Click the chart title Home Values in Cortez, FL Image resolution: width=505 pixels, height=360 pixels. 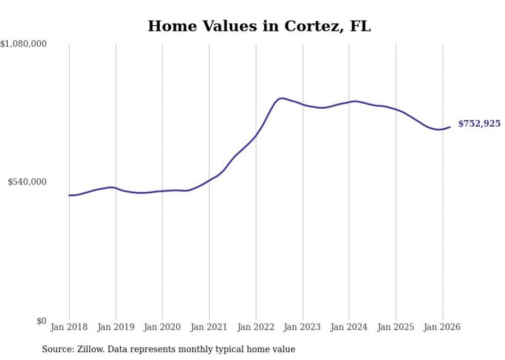point(259,26)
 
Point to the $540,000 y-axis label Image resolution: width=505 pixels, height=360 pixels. point(27,182)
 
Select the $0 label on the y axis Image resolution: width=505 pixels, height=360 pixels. point(41,321)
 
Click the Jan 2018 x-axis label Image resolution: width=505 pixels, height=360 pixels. point(69,327)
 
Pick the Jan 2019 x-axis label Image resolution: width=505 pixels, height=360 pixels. point(116,327)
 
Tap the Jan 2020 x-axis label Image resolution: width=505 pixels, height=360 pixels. point(162,327)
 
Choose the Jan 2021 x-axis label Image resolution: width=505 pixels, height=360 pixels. point(209,327)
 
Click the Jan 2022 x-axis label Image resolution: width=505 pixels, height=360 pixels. point(256,327)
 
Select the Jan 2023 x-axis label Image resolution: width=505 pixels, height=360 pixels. point(302,327)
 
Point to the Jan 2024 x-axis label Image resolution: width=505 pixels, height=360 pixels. point(349,327)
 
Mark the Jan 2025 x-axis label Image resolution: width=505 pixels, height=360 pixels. point(396,327)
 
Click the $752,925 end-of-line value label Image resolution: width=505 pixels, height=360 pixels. point(479,124)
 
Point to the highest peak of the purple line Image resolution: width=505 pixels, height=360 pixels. point(282,98)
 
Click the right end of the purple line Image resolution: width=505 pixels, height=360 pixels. point(450,127)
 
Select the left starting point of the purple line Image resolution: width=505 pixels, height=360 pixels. point(69,195)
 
